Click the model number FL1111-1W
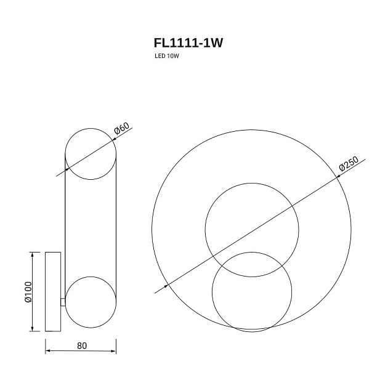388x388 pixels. pyautogui.click(x=188, y=43)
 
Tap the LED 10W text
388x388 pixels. pyautogui.click(x=167, y=56)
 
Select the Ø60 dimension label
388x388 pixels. pyautogui.click(x=121, y=129)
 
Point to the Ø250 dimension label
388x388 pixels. pyautogui.click(x=349, y=164)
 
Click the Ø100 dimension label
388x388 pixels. pyautogui.click(x=28, y=292)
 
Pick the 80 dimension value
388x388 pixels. pyautogui.click(x=82, y=346)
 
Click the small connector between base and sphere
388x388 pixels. pyautogui.click(x=63, y=302)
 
